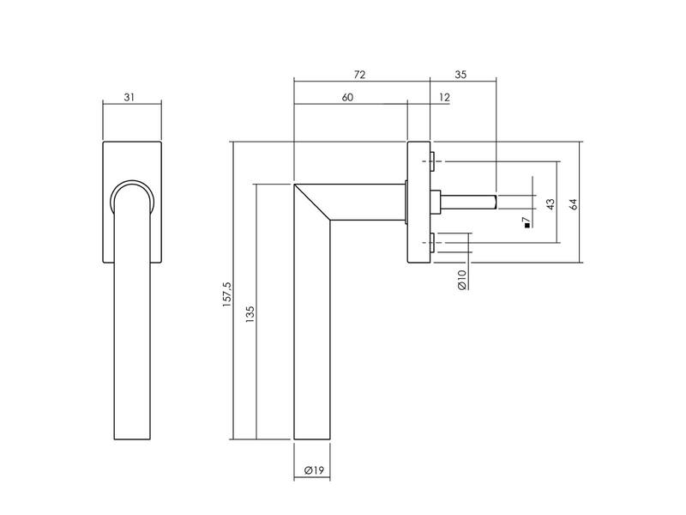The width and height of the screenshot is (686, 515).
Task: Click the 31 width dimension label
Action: (129, 97)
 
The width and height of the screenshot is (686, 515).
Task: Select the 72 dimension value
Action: (359, 75)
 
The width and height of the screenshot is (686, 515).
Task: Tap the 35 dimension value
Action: (460, 75)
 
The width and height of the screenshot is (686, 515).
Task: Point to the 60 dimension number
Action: (347, 97)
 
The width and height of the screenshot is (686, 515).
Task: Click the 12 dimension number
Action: (444, 97)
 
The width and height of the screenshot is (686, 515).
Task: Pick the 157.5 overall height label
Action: (226, 294)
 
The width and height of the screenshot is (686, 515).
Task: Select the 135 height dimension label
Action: (250, 315)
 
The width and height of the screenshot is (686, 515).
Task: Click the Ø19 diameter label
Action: (314, 470)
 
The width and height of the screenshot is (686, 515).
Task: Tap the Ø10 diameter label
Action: (462, 280)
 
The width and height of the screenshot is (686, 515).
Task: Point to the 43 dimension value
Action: (551, 203)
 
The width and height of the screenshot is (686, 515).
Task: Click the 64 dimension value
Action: (573, 203)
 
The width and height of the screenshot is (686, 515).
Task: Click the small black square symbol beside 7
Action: (527, 226)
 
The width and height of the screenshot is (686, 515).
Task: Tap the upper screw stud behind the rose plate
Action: (432, 161)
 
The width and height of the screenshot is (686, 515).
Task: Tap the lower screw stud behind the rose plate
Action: (432, 243)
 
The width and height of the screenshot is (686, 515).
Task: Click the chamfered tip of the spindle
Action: (495, 202)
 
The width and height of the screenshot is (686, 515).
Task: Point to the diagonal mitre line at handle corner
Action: (312, 202)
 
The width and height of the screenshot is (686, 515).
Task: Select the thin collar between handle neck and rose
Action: (406, 202)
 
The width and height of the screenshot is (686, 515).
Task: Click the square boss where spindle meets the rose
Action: (436, 202)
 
